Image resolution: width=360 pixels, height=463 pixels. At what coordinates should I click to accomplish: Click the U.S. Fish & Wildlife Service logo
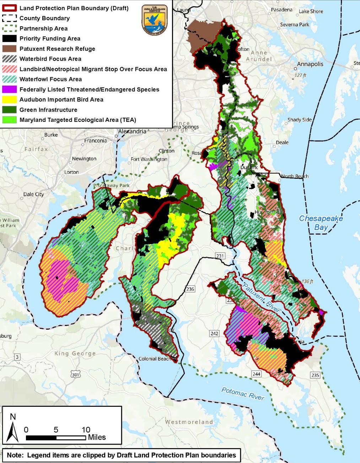click(154, 20)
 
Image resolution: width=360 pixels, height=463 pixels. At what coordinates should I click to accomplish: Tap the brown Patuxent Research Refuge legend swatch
click(10, 49)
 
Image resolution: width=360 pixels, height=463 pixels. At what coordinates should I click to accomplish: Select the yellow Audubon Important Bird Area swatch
click(10, 99)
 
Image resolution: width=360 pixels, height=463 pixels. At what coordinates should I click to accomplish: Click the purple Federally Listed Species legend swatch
click(10, 89)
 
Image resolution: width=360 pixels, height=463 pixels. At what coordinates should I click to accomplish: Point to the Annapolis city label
click(310, 64)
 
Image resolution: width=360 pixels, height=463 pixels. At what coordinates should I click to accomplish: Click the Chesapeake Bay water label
click(321, 223)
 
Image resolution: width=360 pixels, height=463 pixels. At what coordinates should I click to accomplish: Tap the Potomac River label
click(243, 394)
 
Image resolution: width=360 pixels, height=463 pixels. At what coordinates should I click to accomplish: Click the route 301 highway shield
click(75, 375)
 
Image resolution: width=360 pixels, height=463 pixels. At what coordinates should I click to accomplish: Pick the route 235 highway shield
click(315, 375)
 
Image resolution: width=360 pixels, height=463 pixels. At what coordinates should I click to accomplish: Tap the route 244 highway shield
click(256, 374)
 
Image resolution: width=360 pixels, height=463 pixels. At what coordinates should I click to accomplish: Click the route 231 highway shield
click(220, 256)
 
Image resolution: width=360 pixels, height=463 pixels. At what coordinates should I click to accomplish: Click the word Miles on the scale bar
click(97, 437)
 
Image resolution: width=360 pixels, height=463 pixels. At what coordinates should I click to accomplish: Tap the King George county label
click(75, 353)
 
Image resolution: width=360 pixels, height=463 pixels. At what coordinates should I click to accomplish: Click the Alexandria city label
click(132, 131)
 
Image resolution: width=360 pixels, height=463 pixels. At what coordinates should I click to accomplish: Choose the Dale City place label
click(33, 194)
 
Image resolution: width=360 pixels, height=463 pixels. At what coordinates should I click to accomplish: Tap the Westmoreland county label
click(189, 422)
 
